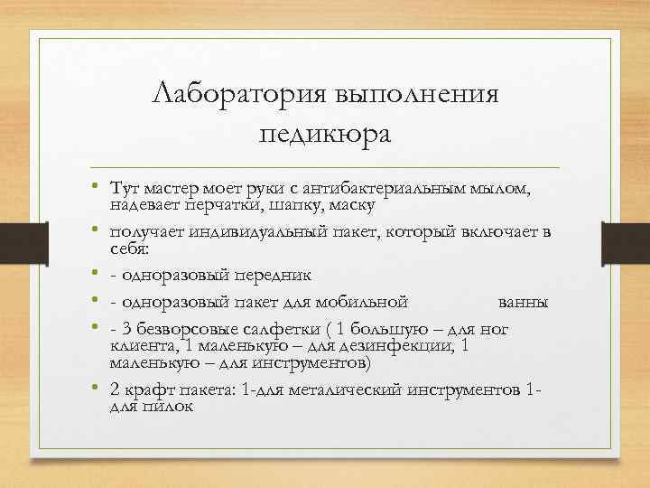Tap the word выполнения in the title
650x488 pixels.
pyautogui.click(x=404, y=94)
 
